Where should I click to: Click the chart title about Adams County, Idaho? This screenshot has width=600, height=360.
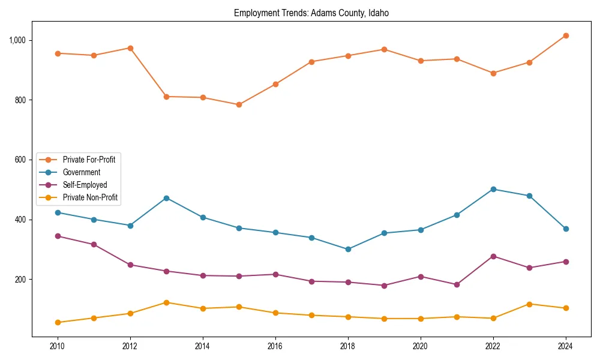tap(311, 13)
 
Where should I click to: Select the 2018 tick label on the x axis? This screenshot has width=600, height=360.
tap(348, 346)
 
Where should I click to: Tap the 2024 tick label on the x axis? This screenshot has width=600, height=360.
tap(566, 346)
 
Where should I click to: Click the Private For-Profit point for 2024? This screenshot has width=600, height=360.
tap(566, 35)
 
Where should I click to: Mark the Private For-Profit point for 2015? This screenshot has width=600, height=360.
tap(239, 104)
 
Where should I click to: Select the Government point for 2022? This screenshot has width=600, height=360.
tap(493, 189)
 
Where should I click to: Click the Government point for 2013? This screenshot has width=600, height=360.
tap(166, 198)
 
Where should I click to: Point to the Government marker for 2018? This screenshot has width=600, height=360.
tap(348, 249)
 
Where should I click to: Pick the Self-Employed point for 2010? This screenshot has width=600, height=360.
tap(58, 236)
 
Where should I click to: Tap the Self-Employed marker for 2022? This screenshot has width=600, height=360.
tap(493, 256)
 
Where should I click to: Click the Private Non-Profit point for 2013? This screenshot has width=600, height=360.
tap(166, 302)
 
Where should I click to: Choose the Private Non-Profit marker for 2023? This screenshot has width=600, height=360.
tap(529, 304)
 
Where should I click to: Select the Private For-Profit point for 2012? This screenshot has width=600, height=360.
tap(130, 48)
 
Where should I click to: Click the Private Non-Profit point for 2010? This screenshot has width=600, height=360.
tap(58, 322)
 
